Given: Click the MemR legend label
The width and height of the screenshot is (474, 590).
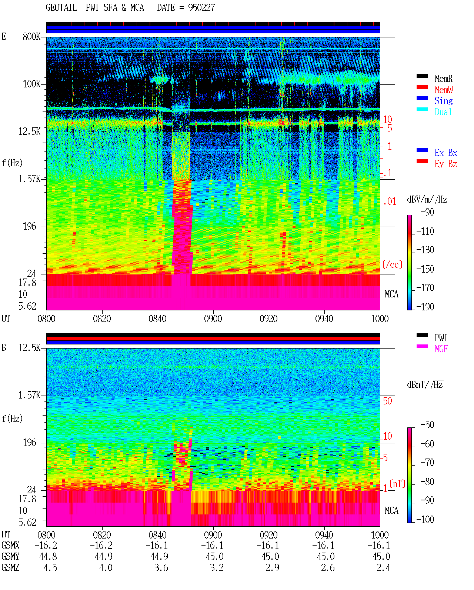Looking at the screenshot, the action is (443, 79).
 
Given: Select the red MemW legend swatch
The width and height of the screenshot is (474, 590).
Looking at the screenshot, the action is (422, 87).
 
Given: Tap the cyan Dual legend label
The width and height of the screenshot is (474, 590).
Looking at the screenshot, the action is (443, 112).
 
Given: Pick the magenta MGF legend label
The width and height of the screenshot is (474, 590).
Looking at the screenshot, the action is (441, 349).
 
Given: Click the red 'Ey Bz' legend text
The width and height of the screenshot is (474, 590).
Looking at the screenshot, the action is (446, 164).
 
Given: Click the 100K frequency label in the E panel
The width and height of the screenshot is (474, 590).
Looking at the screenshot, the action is (31, 84).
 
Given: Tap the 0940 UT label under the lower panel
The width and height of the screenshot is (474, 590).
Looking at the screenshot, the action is (324, 535).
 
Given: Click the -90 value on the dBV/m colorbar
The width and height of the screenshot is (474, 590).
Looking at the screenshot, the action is (427, 212).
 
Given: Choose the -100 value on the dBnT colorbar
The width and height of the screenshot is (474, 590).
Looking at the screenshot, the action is (425, 519).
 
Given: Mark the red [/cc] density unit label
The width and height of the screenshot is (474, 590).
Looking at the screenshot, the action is (392, 264).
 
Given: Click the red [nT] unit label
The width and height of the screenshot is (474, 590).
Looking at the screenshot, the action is (397, 483).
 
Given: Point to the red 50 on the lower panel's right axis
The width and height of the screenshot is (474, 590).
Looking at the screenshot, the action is (387, 401).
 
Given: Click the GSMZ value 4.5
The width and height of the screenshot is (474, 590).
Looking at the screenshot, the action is (50, 567).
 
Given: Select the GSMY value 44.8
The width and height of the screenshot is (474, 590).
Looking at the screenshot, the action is (48, 557).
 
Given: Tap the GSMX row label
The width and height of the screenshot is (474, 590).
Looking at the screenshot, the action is (10, 546).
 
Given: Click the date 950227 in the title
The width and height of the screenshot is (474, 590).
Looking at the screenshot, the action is (201, 8).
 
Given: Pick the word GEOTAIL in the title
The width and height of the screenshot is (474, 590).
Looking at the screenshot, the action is (61, 8).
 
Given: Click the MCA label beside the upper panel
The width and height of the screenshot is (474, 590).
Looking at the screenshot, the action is (391, 294).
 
